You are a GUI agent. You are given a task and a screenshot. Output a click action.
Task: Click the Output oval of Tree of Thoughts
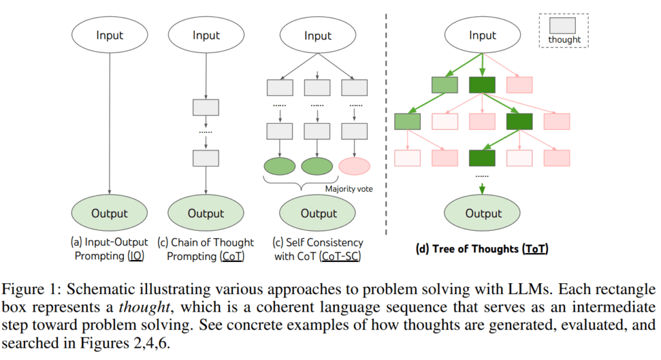[483, 214]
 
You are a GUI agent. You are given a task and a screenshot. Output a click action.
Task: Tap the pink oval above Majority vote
[354, 166]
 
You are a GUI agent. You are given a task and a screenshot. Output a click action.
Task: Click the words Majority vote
[349, 189]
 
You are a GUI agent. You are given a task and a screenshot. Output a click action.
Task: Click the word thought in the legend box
[564, 39]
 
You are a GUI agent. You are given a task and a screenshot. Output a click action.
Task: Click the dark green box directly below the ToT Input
[482, 85]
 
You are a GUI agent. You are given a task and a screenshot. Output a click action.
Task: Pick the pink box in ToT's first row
[520, 85]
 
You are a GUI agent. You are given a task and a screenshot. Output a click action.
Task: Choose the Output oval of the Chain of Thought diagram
[206, 214]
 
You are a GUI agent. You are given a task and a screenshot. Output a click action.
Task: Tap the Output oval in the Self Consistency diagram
[317, 214]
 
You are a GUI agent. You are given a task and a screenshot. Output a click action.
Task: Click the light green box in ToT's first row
[445, 85]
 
